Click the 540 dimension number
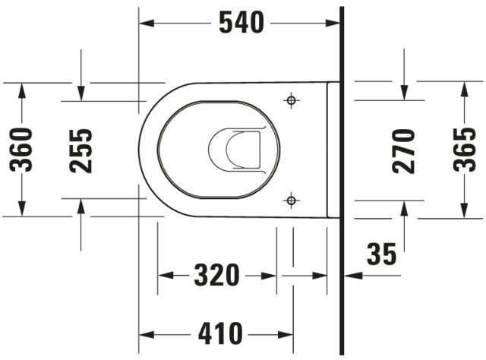[241, 23]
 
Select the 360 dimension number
[21, 150]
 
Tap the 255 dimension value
[81, 150]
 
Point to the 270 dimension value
[403, 151]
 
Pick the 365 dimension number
[464, 150]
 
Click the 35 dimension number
[381, 254]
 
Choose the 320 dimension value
[217, 275]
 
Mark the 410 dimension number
[220, 334]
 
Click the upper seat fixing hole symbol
[291, 100]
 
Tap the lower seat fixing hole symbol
[291, 201]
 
